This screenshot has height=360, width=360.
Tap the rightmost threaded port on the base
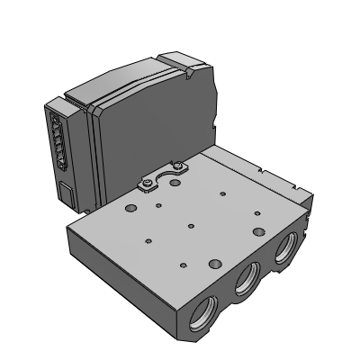click(x=284, y=254)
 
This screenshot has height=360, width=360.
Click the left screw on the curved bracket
click(x=144, y=186)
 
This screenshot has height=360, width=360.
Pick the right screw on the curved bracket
click(x=178, y=165)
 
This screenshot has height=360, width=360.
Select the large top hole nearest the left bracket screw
click(x=131, y=209)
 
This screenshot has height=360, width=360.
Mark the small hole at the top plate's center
click(x=190, y=224)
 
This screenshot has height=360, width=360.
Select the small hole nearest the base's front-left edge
click(x=146, y=240)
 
